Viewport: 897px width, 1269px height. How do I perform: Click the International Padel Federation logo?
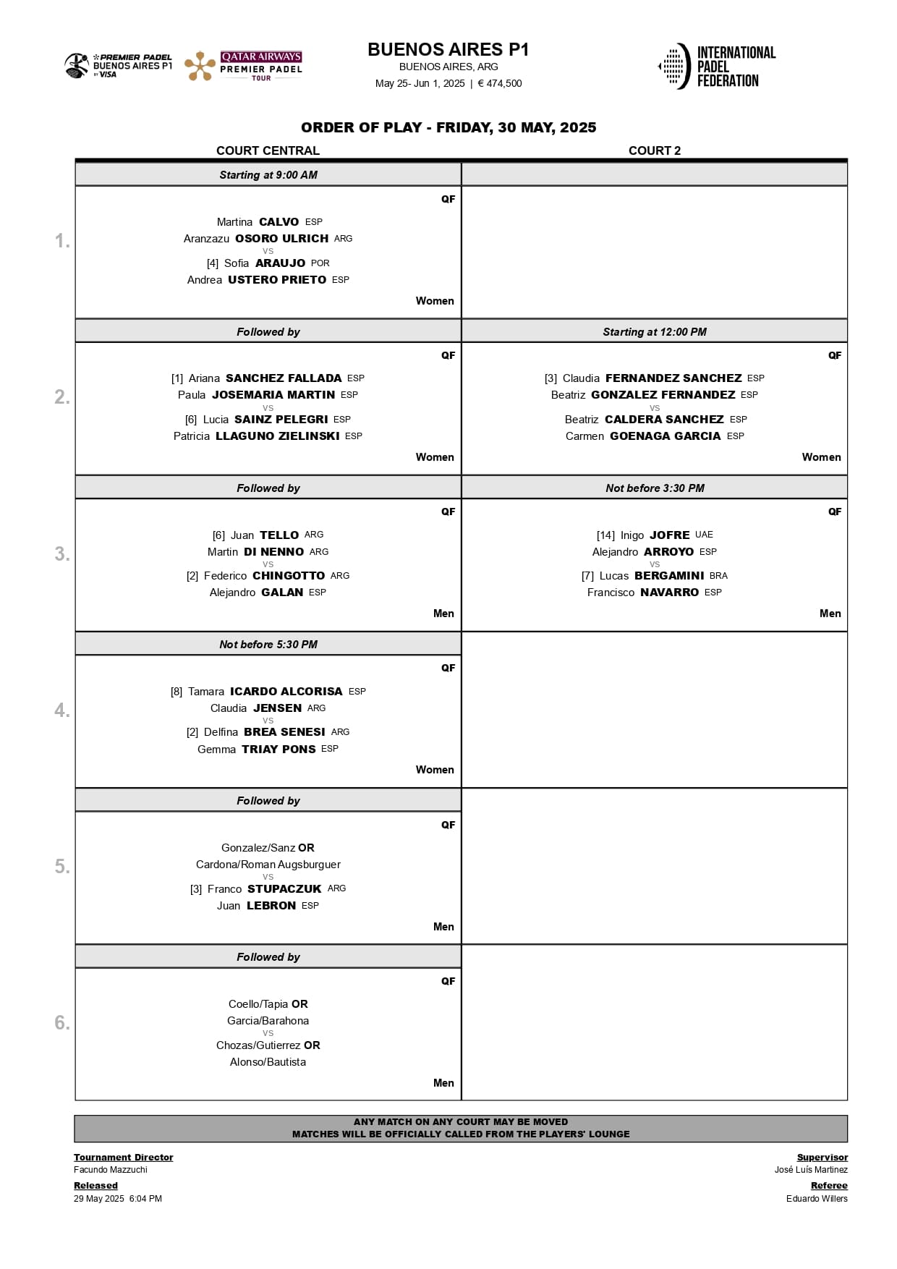716,67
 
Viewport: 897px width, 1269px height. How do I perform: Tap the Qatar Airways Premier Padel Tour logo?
243,67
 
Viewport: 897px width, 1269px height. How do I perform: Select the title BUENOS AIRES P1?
448,49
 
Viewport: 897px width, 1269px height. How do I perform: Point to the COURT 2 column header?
654,150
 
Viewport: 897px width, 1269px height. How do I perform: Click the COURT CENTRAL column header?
268,150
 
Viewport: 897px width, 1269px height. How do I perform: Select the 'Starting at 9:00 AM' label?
268,175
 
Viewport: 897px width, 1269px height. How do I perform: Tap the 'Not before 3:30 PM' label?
655,488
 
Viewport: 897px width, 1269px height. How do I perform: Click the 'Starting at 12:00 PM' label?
655,332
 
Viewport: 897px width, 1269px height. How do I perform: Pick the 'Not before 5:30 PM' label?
268,645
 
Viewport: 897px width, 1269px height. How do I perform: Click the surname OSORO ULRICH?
281,239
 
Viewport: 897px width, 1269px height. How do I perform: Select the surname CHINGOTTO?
289,576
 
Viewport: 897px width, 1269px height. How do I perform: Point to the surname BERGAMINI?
669,576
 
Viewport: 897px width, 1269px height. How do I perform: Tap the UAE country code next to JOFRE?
704,535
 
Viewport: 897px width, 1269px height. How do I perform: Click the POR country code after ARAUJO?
320,263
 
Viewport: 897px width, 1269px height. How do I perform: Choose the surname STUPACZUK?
284,889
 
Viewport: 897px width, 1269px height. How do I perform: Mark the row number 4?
62,710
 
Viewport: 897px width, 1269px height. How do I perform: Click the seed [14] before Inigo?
605,535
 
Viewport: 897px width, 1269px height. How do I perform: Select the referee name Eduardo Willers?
817,1199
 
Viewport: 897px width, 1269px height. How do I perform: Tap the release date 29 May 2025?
99,1199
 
